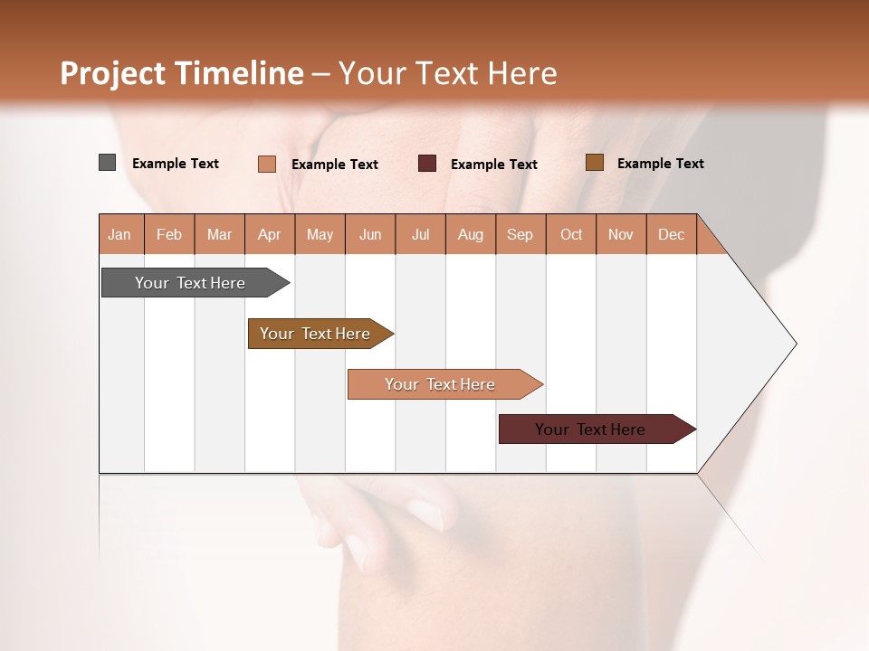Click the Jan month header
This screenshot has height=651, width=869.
[119, 234]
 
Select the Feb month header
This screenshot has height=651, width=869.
[169, 234]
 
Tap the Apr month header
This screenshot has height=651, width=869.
[269, 234]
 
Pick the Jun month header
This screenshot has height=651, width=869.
[370, 234]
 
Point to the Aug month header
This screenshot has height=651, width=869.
[471, 234]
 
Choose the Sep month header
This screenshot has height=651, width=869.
[520, 234]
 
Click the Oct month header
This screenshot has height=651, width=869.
[571, 234]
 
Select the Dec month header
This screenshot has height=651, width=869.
[672, 234]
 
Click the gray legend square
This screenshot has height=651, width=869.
[108, 163]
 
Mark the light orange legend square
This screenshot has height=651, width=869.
[267, 164]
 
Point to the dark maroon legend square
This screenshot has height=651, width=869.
[427, 164]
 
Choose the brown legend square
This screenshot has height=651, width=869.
[594, 163]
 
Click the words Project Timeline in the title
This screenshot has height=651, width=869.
[181, 73]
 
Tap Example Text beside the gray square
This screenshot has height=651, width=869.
[176, 164]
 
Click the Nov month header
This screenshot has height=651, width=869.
[621, 234]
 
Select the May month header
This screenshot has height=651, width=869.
[320, 234]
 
